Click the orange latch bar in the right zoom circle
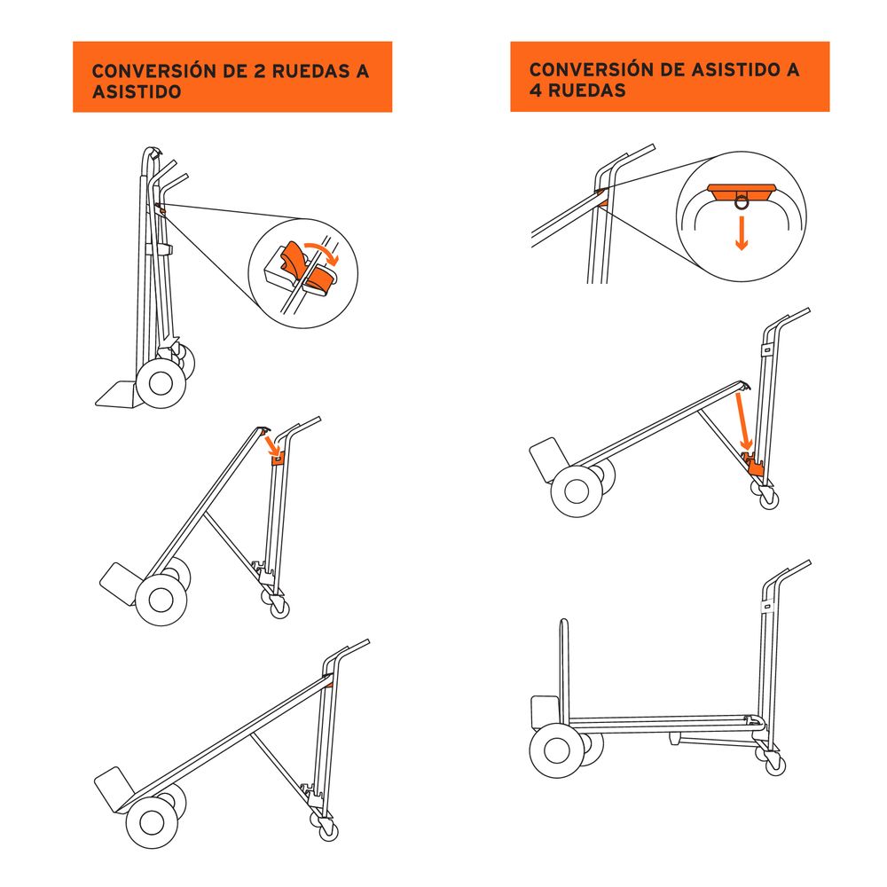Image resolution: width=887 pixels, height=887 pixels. [742, 189]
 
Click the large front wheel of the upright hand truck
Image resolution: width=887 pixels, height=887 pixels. [161, 381]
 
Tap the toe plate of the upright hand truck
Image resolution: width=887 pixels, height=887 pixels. [115, 393]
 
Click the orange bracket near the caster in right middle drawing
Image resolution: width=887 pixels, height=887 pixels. [757, 466]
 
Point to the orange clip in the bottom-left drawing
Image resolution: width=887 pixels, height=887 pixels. [329, 682]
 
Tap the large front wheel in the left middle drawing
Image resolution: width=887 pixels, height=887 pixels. [161, 600]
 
